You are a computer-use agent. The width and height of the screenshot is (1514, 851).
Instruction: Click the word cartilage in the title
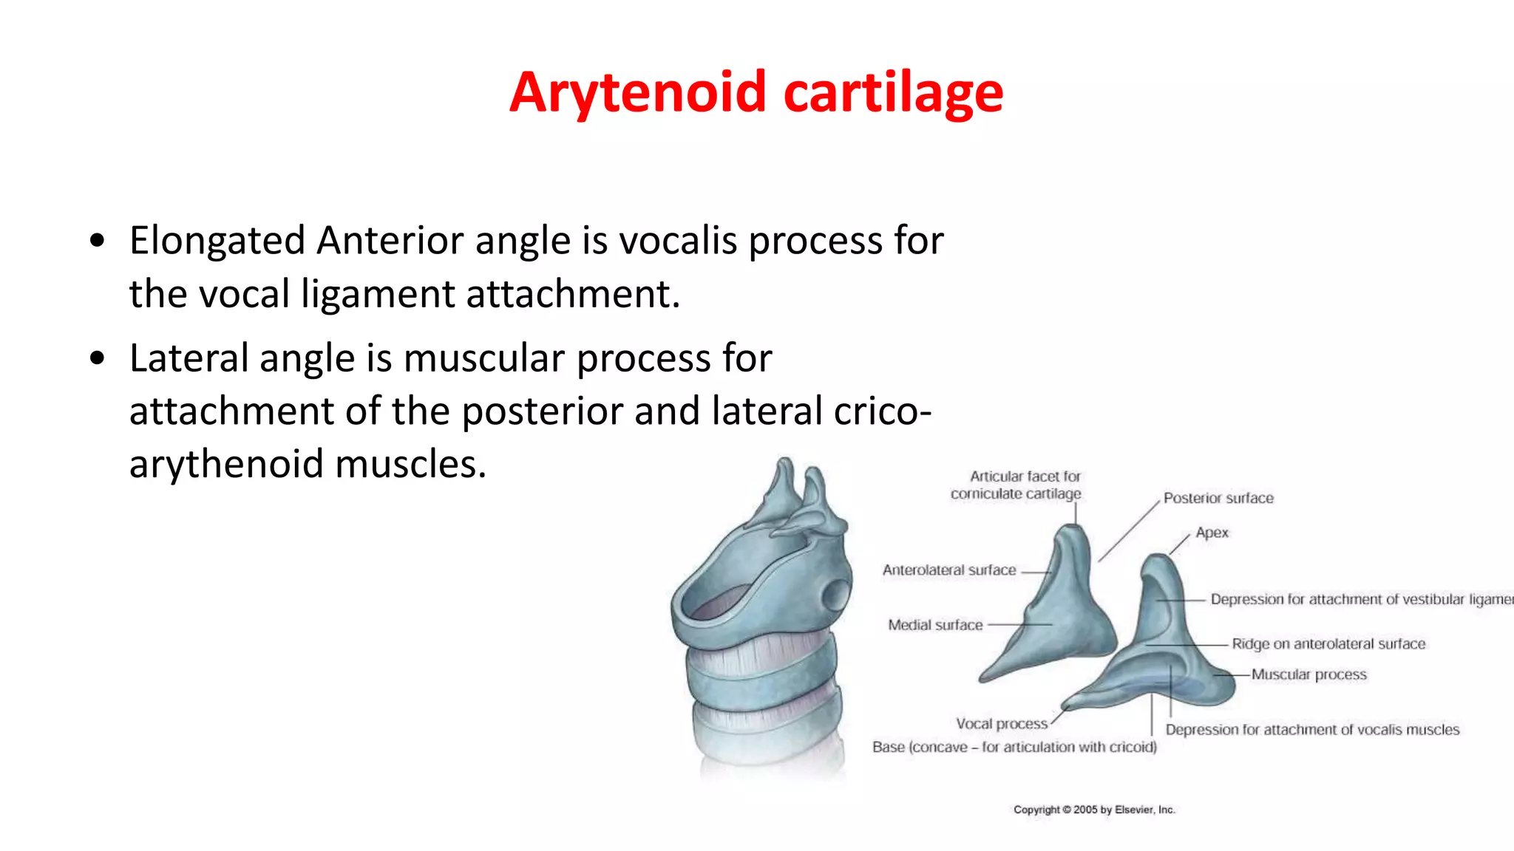click(892, 92)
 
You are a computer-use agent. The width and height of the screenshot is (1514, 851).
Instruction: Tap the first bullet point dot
click(97, 241)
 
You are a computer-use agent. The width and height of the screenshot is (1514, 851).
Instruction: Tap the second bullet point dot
click(97, 358)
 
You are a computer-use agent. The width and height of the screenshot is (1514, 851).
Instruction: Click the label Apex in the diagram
click(1212, 533)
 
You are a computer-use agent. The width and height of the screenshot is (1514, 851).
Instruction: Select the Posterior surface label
click(1218, 498)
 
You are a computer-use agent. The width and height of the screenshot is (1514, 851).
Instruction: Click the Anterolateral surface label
click(949, 570)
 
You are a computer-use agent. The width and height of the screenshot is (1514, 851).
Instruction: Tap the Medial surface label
click(935, 625)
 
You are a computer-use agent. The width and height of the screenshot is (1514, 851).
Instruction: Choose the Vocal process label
click(1002, 724)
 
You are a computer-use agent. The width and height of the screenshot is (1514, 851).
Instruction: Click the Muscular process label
click(1308, 674)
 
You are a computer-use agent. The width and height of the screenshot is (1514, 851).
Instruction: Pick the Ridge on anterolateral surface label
click(1328, 643)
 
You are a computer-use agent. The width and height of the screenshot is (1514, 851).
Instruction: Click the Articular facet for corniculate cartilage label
click(1017, 485)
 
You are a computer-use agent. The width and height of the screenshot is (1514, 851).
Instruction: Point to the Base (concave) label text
click(1014, 747)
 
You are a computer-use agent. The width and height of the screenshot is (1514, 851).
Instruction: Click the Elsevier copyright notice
click(1094, 810)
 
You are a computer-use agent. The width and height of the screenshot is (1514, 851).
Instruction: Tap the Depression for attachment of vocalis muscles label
click(1312, 730)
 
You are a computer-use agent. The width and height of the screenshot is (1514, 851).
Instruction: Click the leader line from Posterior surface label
click(1130, 531)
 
